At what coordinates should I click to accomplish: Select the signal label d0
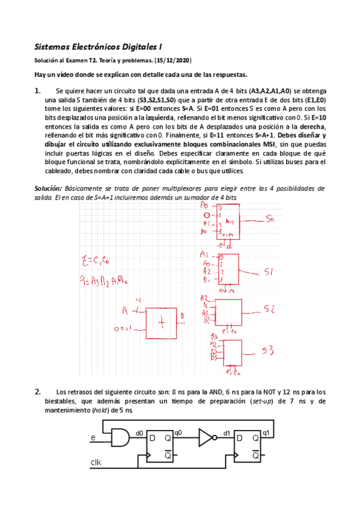139,432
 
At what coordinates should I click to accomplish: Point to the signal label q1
266,432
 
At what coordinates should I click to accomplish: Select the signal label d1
227,432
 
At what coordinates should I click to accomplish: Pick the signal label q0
178,432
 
